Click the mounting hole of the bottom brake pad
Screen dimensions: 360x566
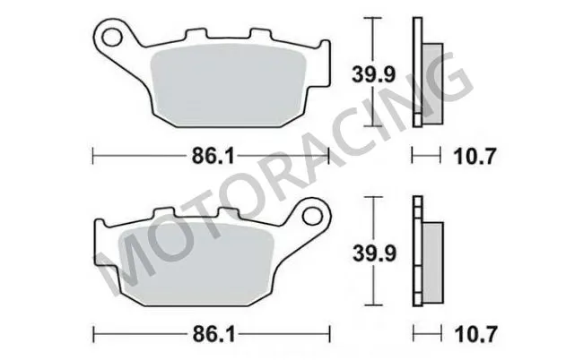pyautogui.click(x=311, y=216)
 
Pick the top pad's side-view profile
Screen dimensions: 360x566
pyautogui.click(x=422, y=73)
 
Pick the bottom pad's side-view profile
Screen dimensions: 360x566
pyautogui.click(x=422, y=254)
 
